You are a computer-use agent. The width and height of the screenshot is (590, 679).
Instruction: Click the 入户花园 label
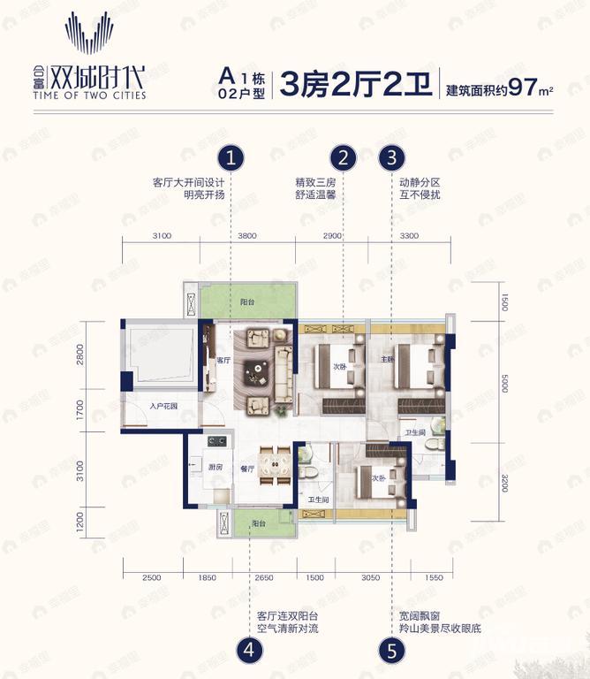pos(163,407)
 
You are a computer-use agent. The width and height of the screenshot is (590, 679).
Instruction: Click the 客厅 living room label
pos(223,360)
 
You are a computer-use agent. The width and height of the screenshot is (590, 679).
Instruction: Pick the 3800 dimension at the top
pos(246,236)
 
